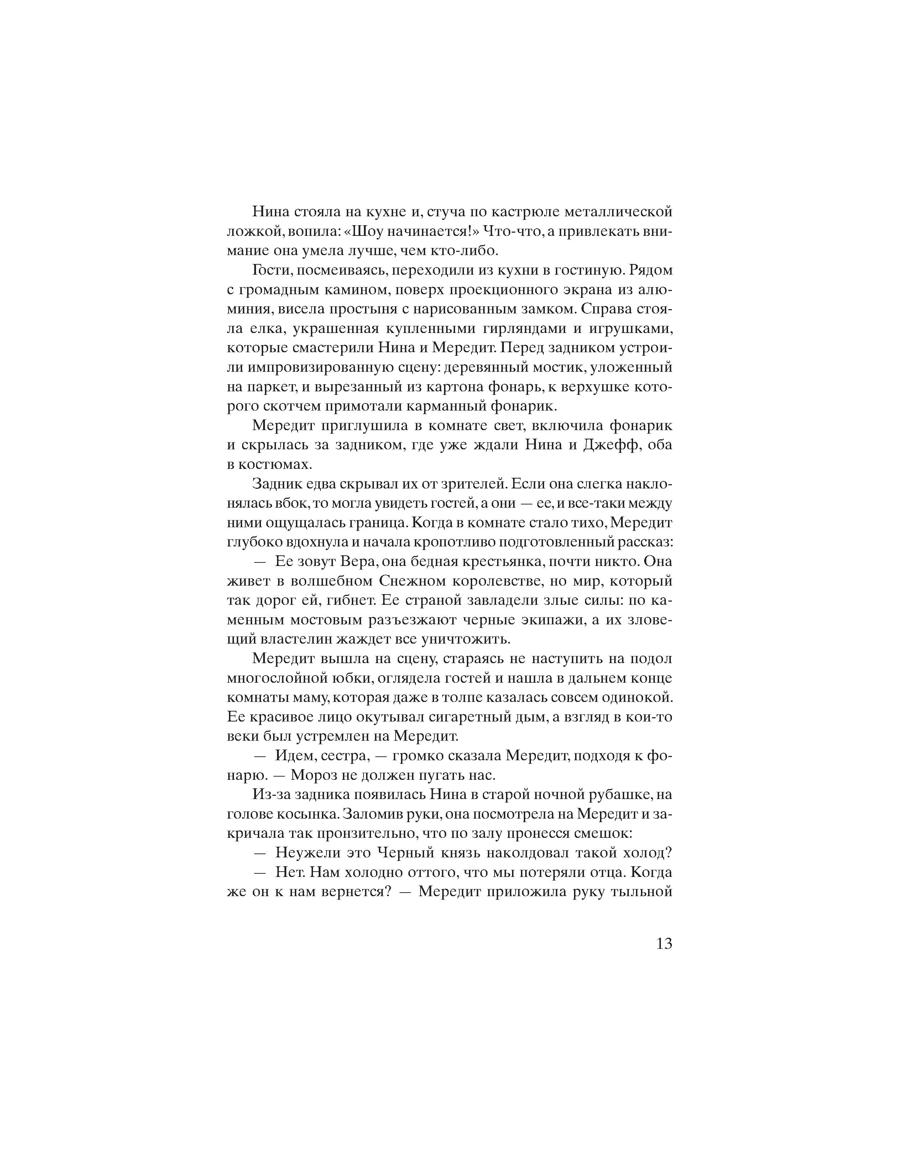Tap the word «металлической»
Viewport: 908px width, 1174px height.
click(618, 212)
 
